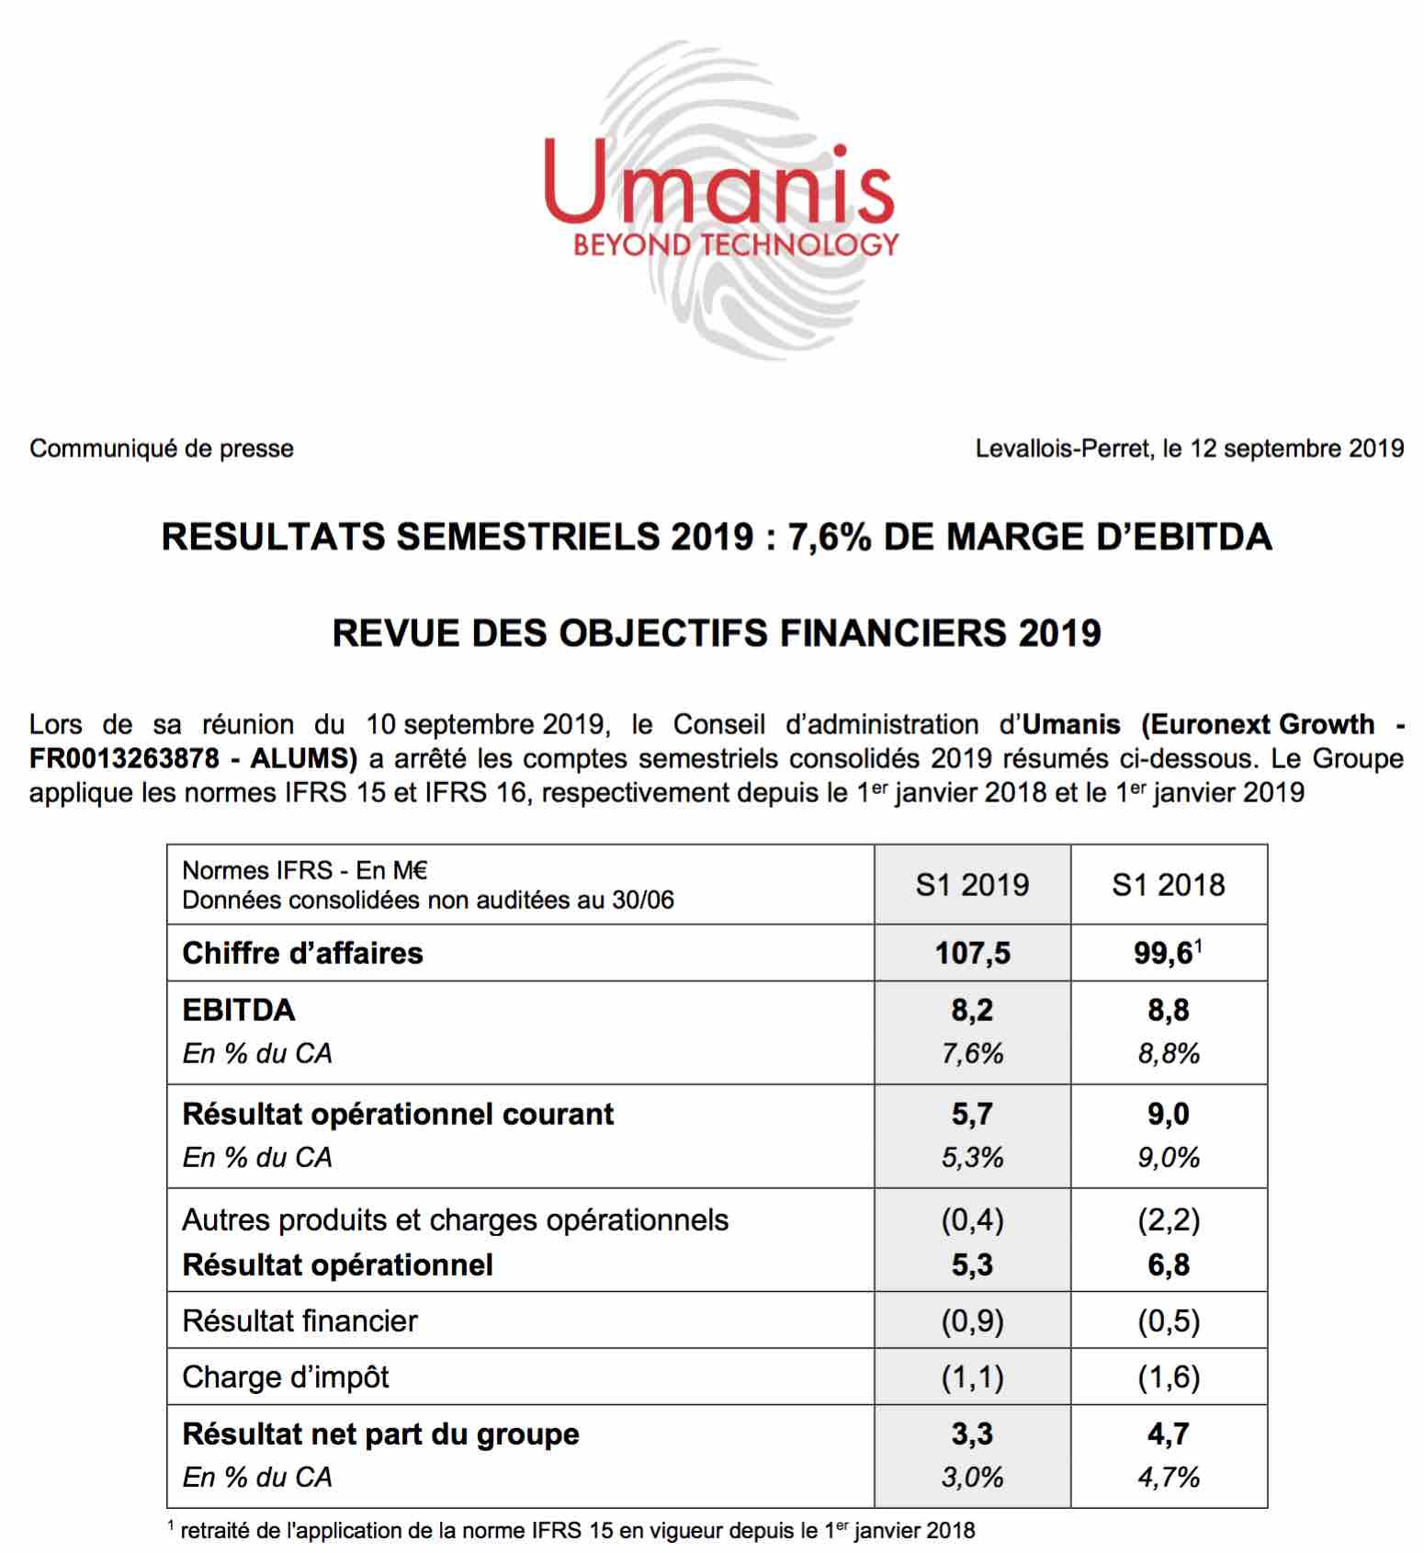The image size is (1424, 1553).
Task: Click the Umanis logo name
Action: pyautogui.click(x=719, y=183)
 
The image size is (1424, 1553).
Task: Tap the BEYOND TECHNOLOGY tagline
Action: pyautogui.click(x=735, y=245)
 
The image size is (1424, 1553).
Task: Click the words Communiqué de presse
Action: pyautogui.click(x=162, y=448)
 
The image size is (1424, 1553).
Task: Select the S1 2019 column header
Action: pyautogui.click(x=972, y=885)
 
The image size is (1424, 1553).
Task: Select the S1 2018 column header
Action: pyautogui.click(x=1169, y=885)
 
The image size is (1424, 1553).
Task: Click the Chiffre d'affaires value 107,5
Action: pyautogui.click(x=972, y=953)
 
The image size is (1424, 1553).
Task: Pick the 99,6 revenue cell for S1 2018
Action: pyautogui.click(x=1163, y=953)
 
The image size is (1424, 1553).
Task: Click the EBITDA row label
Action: pyautogui.click(x=239, y=1010)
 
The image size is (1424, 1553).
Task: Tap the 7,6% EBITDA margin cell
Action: pyautogui.click(x=972, y=1053)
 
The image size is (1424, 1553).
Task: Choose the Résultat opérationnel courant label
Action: pyautogui.click(x=398, y=1114)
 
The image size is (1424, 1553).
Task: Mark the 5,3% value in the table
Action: pyautogui.click(x=972, y=1157)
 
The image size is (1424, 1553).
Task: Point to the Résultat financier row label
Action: pyautogui.click(x=299, y=1321)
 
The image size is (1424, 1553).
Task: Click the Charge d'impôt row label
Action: pyautogui.click(x=286, y=1377)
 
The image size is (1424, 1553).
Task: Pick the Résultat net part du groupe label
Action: pyautogui.click(x=380, y=1434)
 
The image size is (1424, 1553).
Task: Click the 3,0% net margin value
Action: pyautogui.click(x=972, y=1477)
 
